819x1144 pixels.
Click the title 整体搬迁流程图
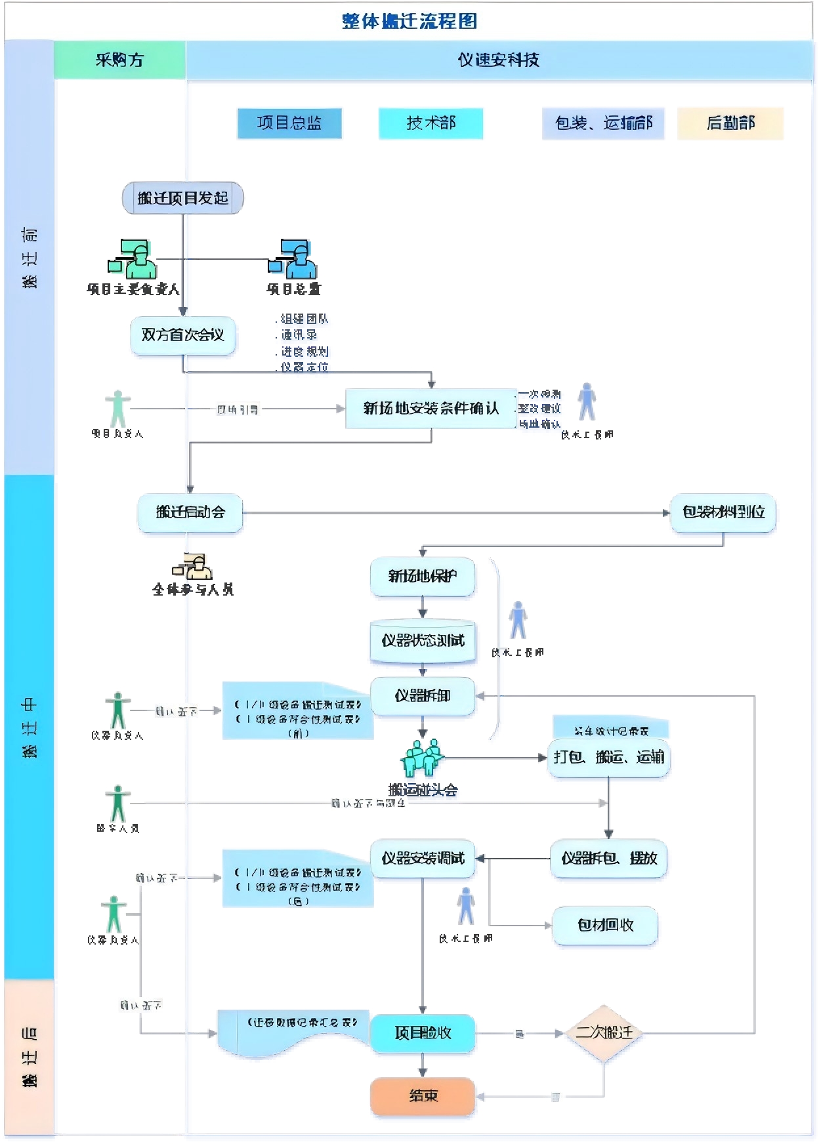pyautogui.click(x=409, y=21)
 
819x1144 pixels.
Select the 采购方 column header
pyautogui.click(x=119, y=60)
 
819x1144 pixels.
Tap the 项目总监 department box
pyautogui.click(x=289, y=123)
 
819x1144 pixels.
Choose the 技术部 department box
pyautogui.click(x=430, y=123)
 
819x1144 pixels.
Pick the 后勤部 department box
pyautogui.click(x=730, y=123)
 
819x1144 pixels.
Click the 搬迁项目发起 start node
pyautogui.click(x=182, y=198)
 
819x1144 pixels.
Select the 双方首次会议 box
pyautogui.click(x=182, y=335)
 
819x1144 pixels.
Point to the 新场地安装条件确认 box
pyautogui.click(x=430, y=409)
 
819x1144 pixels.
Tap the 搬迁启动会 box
pyautogui.click(x=190, y=512)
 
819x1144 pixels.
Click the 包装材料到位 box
pyautogui.click(x=723, y=512)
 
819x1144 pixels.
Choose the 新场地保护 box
pyautogui.click(x=422, y=577)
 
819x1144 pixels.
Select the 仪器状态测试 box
pyautogui.click(x=422, y=640)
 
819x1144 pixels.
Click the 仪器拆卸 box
pyautogui.click(x=422, y=696)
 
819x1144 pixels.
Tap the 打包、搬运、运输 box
pyautogui.click(x=608, y=758)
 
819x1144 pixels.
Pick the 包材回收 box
pyautogui.click(x=604, y=926)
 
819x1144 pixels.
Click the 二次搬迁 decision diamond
pyautogui.click(x=604, y=1032)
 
